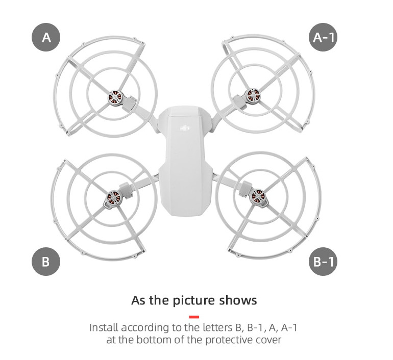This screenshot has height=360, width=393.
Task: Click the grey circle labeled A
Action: coord(46,37)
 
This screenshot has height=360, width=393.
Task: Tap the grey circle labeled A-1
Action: coord(323,37)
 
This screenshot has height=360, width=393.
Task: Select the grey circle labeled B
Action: coord(46,262)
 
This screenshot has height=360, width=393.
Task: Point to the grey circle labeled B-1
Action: coord(323,262)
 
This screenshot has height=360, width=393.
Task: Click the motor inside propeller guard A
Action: coord(115,98)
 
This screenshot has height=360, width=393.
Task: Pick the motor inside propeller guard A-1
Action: coord(253,96)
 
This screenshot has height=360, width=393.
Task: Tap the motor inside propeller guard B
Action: coord(113,197)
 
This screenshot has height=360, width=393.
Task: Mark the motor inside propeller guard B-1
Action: coord(257,197)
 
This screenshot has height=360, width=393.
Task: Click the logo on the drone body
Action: coord(185,128)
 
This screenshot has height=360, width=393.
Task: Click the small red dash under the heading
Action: coord(194,317)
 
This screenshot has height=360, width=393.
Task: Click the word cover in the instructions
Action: coord(268,340)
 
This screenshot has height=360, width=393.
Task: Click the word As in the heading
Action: coord(138,300)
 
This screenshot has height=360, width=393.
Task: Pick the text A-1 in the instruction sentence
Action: coord(289,327)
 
